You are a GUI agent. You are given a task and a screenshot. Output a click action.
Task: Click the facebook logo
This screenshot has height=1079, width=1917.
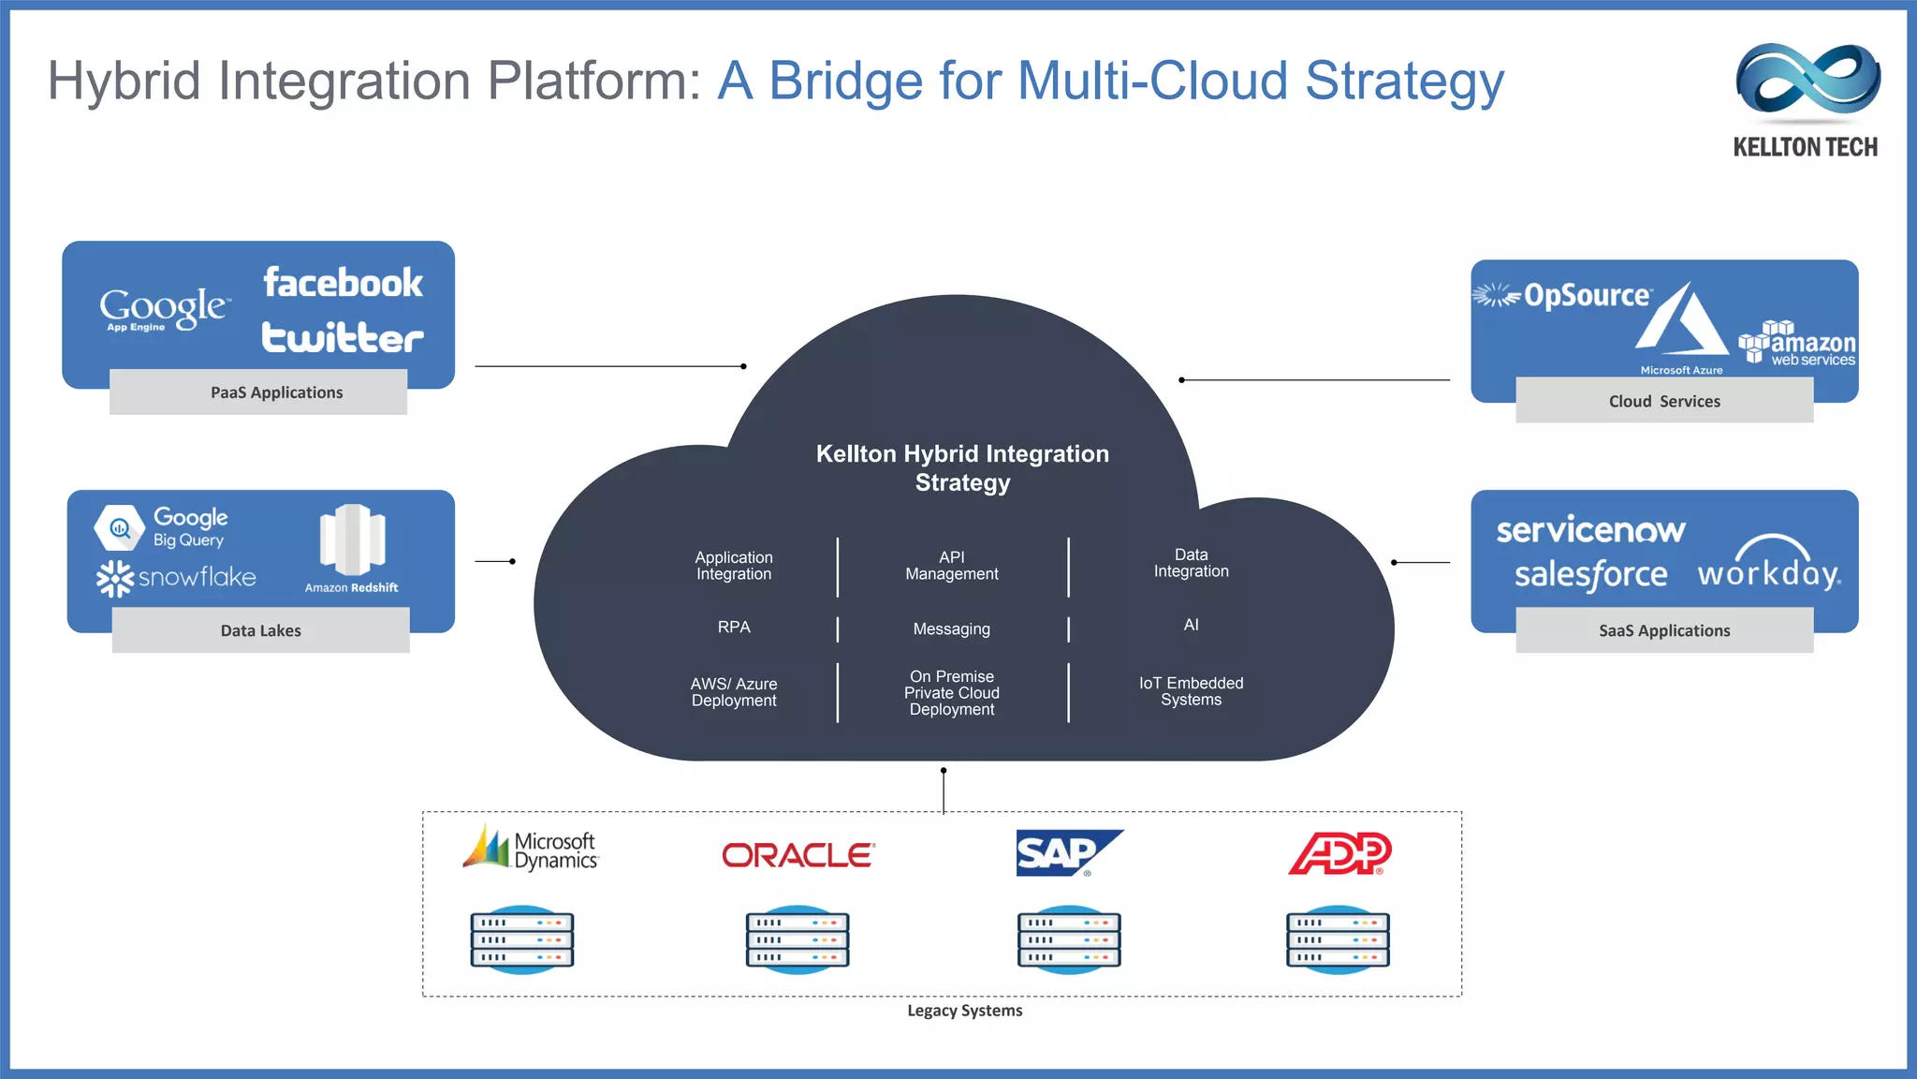[343, 283]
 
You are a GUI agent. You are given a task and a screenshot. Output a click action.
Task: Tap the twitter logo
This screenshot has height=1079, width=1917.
[343, 337]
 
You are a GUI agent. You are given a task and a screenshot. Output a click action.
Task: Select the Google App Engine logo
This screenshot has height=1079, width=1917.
[163, 308]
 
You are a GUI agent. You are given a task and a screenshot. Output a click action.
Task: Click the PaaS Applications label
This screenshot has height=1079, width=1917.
[276, 392]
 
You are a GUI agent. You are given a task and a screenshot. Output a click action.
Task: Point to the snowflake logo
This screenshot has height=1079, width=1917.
[177, 577]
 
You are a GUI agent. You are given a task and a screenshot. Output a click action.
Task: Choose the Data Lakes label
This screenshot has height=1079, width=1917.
[260, 630]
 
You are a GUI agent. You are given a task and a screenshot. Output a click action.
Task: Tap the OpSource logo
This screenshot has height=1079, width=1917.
[1563, 296]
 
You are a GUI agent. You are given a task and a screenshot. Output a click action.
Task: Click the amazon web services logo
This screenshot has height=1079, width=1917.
[1797, 344]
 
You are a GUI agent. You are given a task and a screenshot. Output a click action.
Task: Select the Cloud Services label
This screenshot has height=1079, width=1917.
[1664, 401]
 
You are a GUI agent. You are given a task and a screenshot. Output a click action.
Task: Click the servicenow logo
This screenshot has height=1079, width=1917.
[1590, 530]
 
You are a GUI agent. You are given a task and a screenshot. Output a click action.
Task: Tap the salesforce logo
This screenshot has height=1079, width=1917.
[1590, 574]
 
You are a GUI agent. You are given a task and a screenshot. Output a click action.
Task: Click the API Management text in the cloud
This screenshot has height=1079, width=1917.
[951, 566]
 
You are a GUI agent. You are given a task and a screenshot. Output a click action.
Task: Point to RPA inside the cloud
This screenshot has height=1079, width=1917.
[734, 627]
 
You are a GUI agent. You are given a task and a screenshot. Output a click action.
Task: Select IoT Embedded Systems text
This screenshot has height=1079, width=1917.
[1191, 691]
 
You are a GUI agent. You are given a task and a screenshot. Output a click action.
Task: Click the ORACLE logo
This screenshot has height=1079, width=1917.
[798, 855]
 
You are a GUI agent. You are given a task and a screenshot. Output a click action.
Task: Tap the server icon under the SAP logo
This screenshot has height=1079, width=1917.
[1068, 939]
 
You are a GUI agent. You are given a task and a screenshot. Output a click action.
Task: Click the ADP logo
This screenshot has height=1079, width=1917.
[1339, 853]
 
